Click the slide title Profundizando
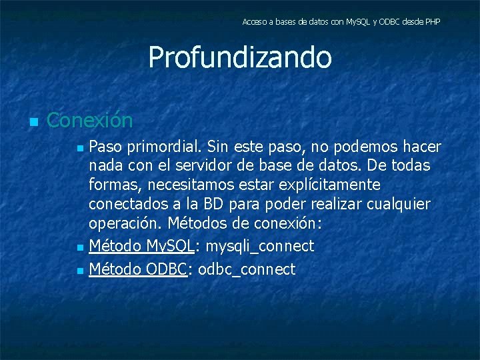pyautogui.click(x=239, y=57)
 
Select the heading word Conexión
pyautogui.click(x=90, y=121)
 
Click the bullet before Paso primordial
pyautogui.click(x=80, y=147)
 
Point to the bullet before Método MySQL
pyautogui.click(x=80, y=247)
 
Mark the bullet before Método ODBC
pyautogui.click(x=80, y=271)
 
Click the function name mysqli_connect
pyautogui.click(x=259, y=247)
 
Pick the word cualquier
pyautogui.click(x=399, y=203)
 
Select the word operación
pyautogui.click(x=126, y=223)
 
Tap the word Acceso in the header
pyautogui.click(x=254, y=22)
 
